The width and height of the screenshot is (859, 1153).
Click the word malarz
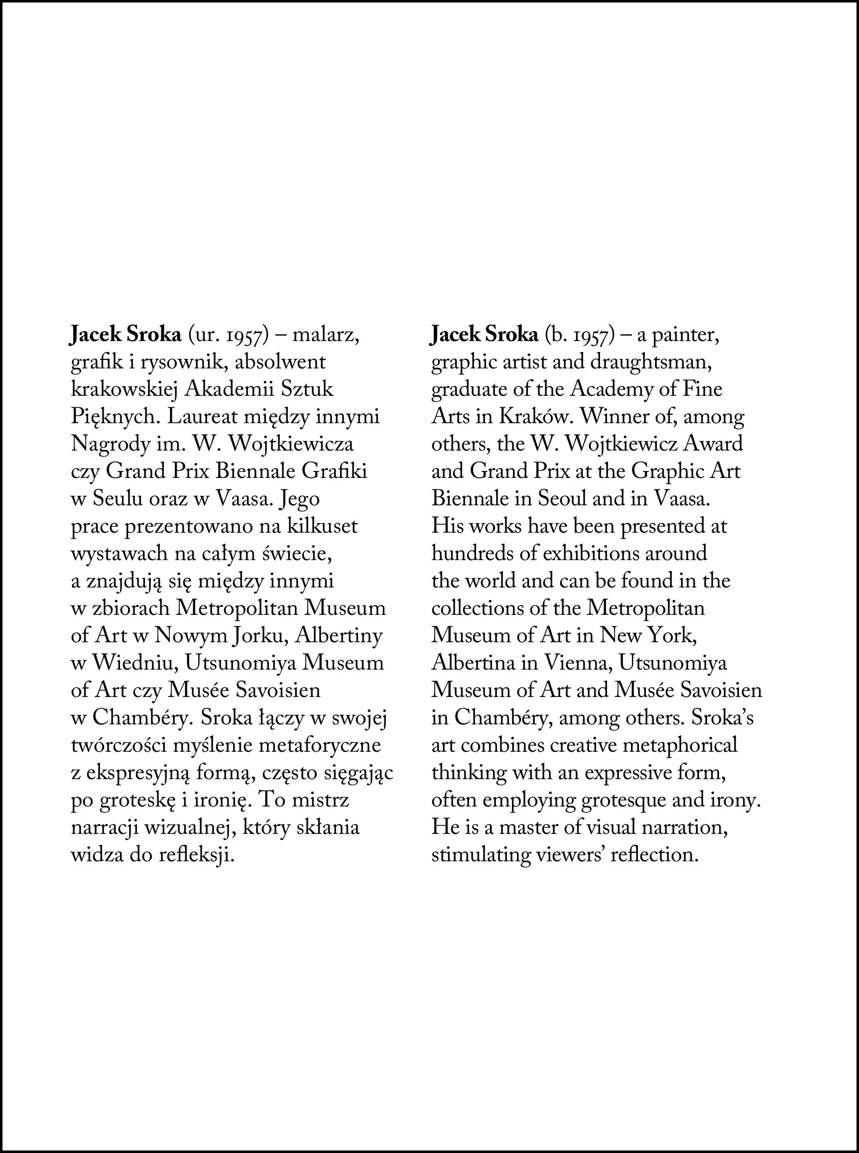tap(326, 335)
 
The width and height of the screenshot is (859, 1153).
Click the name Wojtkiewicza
tap(291, 445)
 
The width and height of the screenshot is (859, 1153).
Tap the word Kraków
tap(537, 417)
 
